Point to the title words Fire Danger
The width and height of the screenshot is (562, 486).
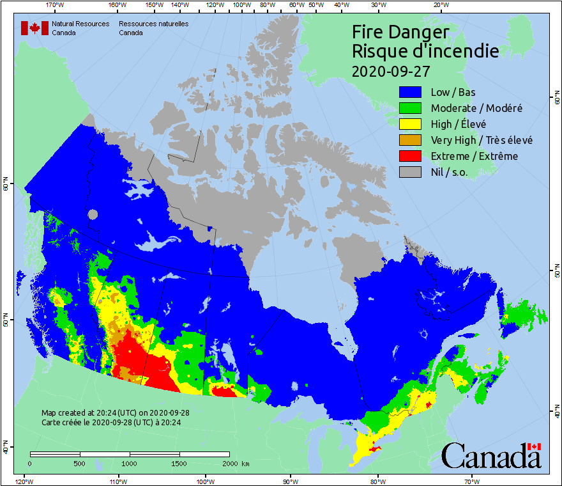[x=400, y=32]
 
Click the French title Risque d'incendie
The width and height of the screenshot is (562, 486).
[x=425, y=51]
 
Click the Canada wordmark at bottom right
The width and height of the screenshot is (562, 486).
[x=491, y=456]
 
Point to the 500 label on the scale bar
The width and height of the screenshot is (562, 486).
[x=80, y=463]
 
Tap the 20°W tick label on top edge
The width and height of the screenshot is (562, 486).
[x=440, y=5]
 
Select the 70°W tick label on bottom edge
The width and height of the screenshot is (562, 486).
[x=471, y=480]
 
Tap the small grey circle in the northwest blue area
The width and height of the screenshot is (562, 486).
[x=94, y=215]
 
